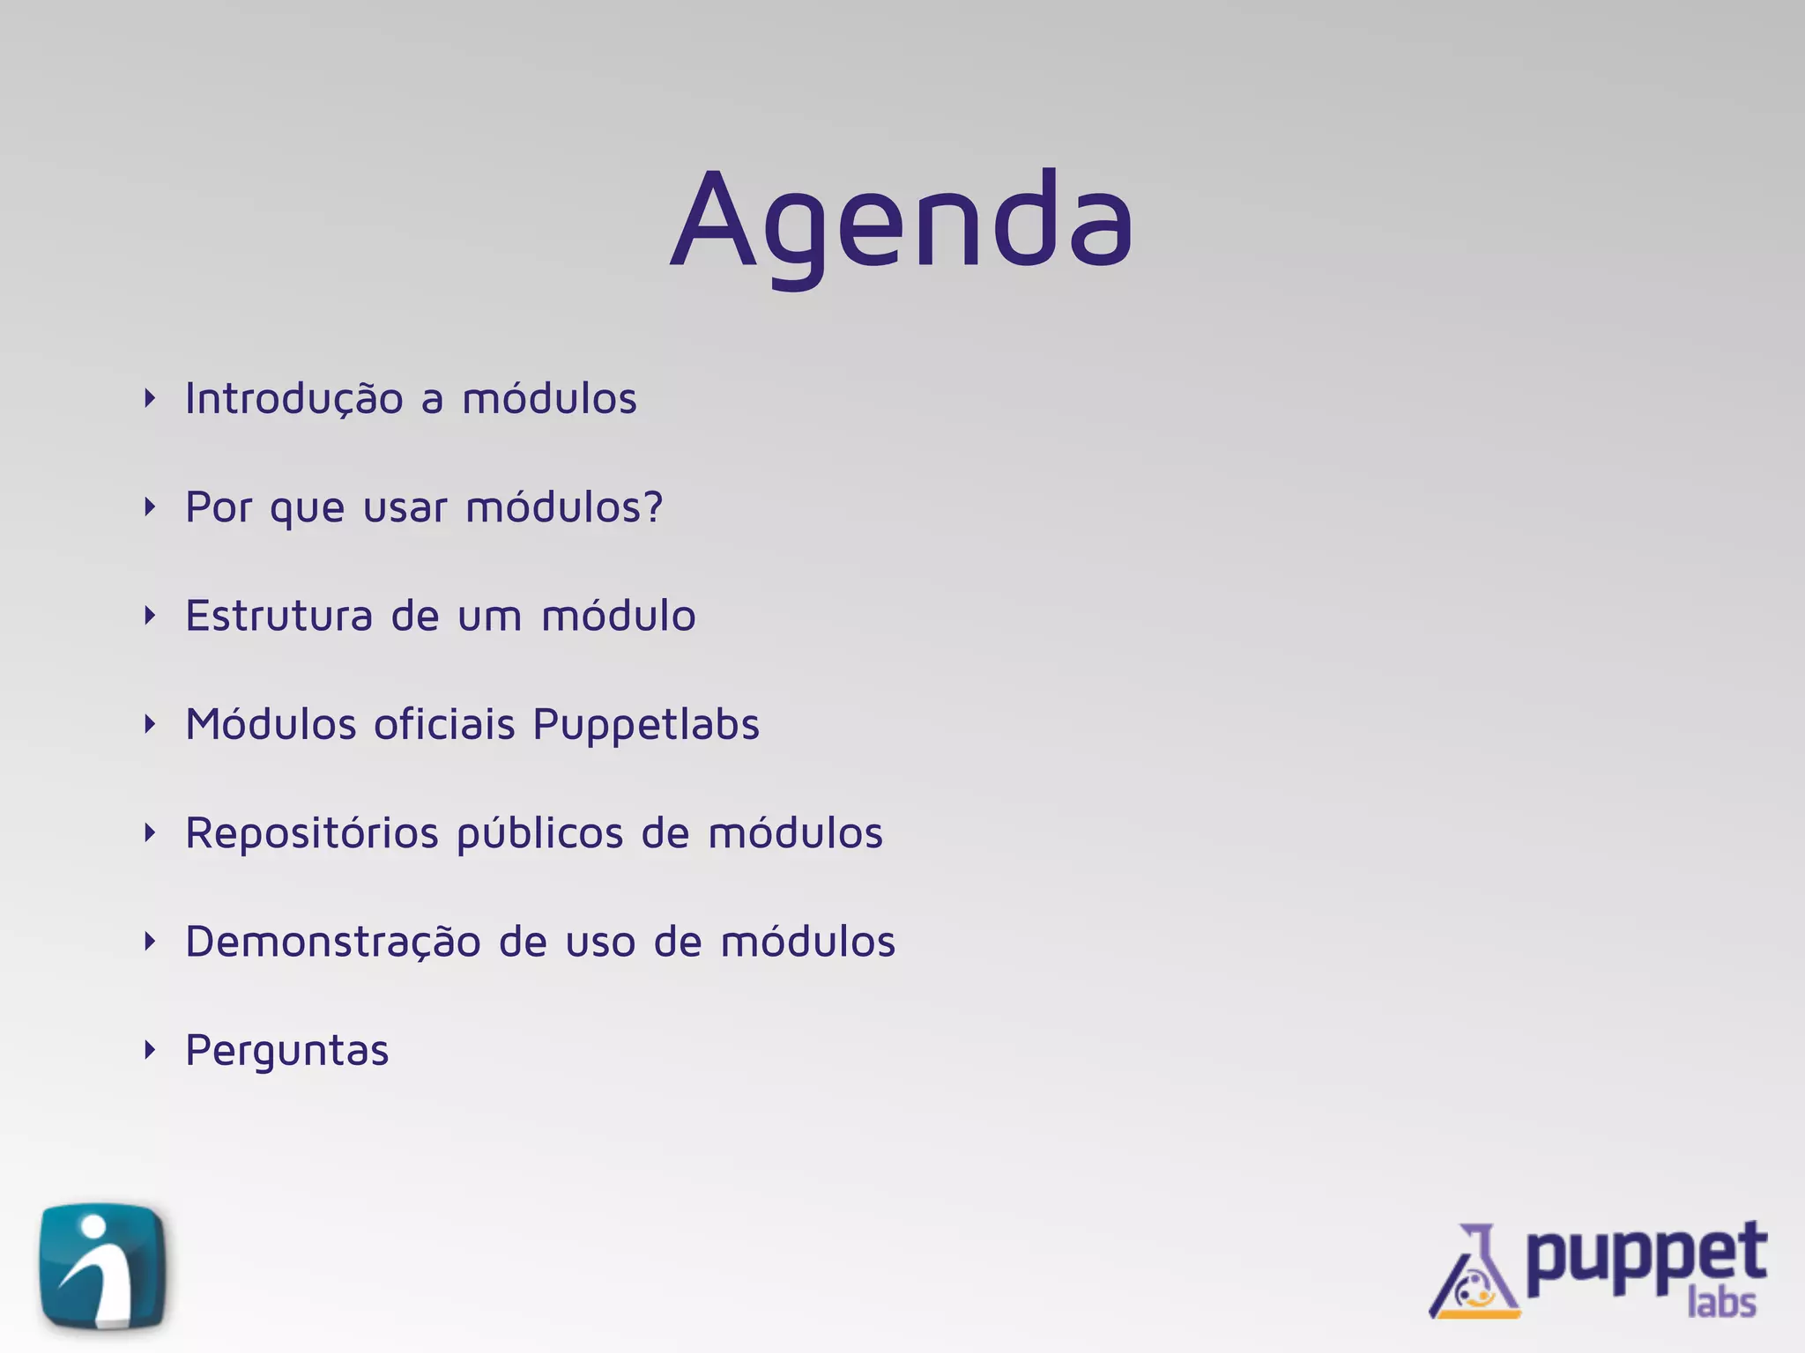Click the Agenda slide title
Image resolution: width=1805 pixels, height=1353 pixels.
point(901,220)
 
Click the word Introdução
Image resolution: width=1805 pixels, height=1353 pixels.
point(294,399)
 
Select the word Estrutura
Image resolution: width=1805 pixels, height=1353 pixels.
point(279,616)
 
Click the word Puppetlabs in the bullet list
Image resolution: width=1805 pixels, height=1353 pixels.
point(646,726)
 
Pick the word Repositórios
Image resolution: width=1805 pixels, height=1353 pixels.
point(312,833)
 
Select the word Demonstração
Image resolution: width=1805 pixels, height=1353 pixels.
point(333,943)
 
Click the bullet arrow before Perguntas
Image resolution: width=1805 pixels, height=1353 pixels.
point(150,1050)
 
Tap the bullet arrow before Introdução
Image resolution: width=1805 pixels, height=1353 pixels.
point(150,398)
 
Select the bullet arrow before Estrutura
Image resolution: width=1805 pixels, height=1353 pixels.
point(150,616)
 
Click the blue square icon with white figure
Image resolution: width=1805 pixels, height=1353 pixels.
point(103,1266)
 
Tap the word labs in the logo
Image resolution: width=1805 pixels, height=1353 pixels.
point(1721,1303)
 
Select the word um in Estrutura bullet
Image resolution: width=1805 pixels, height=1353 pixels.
point(490,617)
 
